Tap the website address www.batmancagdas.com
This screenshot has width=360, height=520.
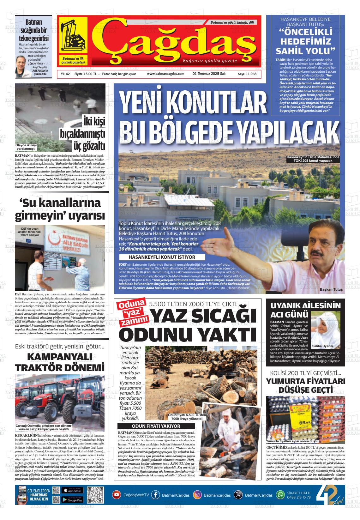165,74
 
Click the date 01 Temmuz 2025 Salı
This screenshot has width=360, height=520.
209,74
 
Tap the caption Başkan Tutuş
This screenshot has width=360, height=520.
331,289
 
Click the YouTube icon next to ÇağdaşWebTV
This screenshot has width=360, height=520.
117,495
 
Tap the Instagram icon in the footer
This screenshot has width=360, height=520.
197,495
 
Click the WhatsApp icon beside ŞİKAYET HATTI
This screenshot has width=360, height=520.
280,495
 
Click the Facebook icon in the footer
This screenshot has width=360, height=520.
155,495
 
